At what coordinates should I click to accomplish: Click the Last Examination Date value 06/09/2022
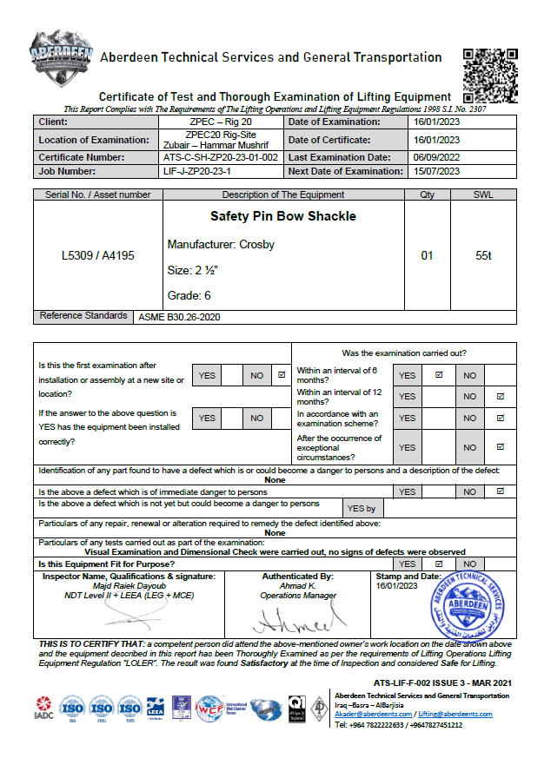tap(435, 158)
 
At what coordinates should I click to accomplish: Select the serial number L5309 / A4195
tap(98, 256)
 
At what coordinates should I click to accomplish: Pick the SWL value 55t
tap(484, 256)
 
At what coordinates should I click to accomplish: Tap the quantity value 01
tap(427, 256)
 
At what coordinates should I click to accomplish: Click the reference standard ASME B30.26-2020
tap(179, 318)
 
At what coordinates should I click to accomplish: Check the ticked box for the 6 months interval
tap(439, 375)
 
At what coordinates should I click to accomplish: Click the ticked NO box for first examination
tap(281, 375)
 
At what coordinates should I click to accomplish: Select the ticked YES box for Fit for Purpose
tap(439, 564)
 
